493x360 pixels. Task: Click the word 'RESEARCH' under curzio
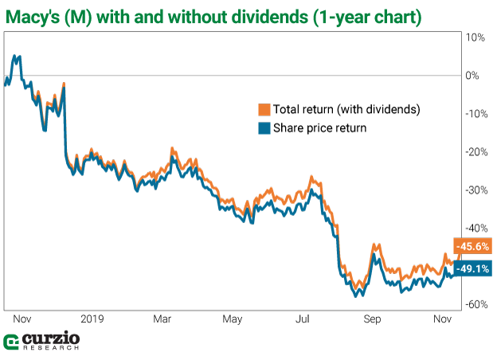point(49,348)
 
